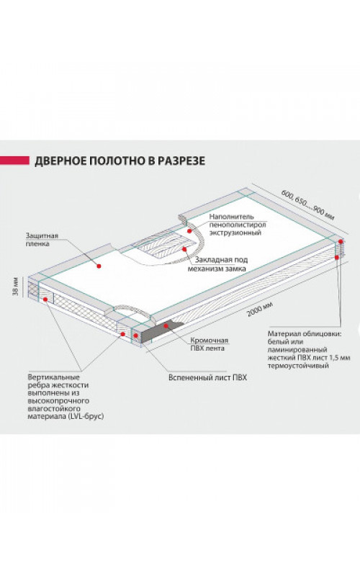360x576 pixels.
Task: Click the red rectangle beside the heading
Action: click(14, 161)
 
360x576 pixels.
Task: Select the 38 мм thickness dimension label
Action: click(16, 287)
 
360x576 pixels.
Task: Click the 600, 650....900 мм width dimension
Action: click(308, 205)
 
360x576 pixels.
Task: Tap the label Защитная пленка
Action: click(42, 240)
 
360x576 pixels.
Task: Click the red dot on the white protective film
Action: click(99, 266)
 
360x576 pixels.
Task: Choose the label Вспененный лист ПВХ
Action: click(207, 377)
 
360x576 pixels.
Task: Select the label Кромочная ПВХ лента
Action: click(209, 344)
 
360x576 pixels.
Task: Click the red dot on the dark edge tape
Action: click(166, 325)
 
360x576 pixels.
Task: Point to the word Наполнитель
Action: click(232, 217)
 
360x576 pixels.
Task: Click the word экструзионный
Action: click(235, 233)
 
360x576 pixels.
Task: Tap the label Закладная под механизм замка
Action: click(217, 264)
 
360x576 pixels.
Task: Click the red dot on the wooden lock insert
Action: click(184, 248)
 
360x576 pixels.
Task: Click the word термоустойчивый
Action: click(298, 366)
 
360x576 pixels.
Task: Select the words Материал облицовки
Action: click(305, 334)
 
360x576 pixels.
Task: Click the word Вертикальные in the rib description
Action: click(53, 377)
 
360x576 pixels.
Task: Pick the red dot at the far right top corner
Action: click(341, 241)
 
